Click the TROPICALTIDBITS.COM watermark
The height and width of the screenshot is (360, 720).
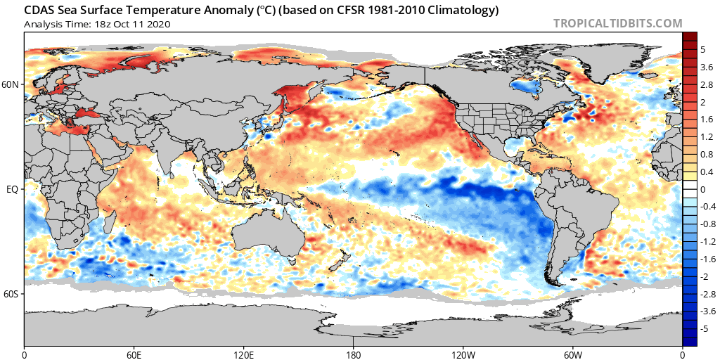(617, 23)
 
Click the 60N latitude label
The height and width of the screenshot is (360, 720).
(11, 84)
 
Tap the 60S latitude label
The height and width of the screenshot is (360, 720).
(11, 294)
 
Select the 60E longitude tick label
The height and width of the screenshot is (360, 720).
(134, 353)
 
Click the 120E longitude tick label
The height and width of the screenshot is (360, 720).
(244, 353)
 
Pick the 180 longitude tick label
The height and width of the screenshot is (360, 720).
(354, 353)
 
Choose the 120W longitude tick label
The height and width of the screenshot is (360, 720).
(463, 353)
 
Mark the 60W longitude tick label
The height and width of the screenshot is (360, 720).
(572, 353)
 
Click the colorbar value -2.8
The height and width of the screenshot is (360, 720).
(707, 294)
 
